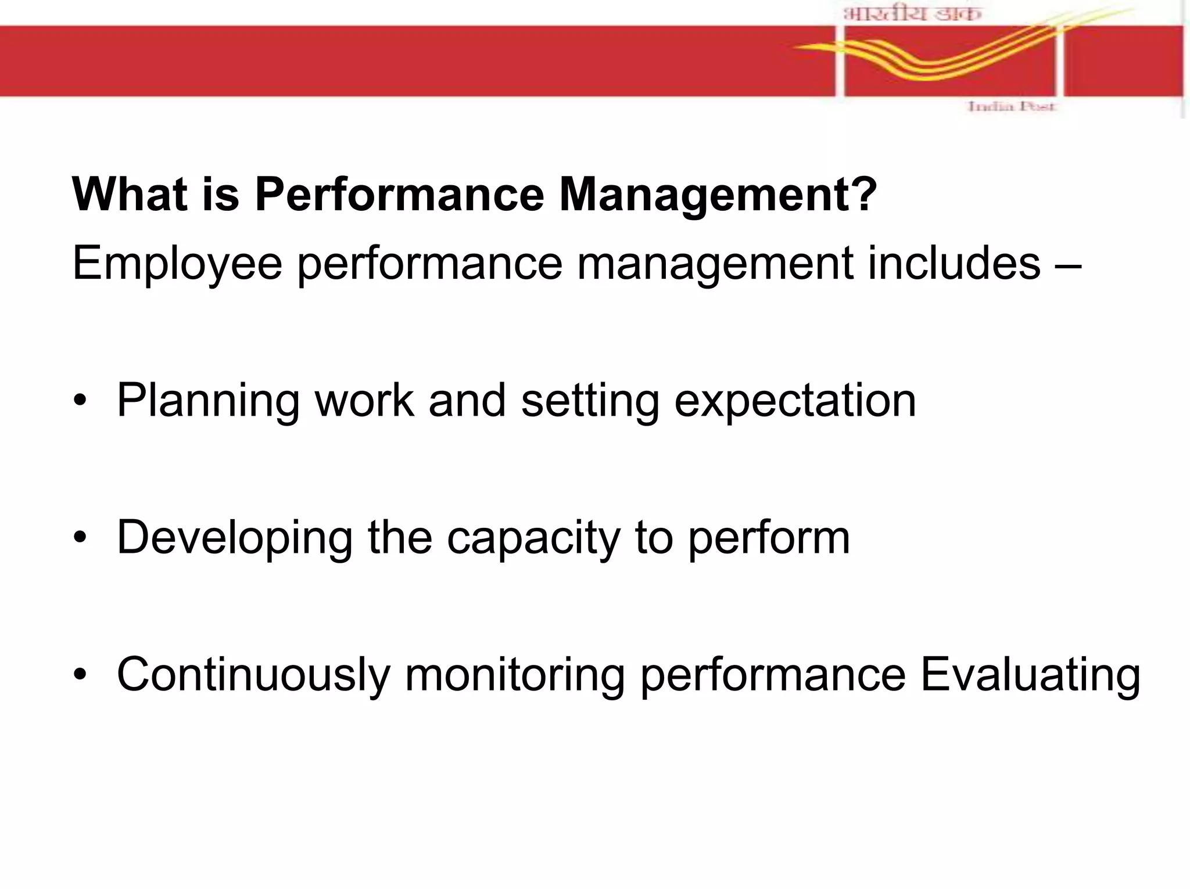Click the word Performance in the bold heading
[x=399, y=195]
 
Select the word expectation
[x=795, y=401]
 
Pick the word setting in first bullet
[x=590, y=401]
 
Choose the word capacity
[x=533, y=538]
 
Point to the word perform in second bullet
[x=769, y=538]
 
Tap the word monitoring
[x=514, y=675]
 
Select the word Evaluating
[x=1030, y=675]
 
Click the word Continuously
[x=254, y=675]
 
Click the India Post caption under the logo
[x=1010, y=107]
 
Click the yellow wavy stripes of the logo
[x=941, y=58]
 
